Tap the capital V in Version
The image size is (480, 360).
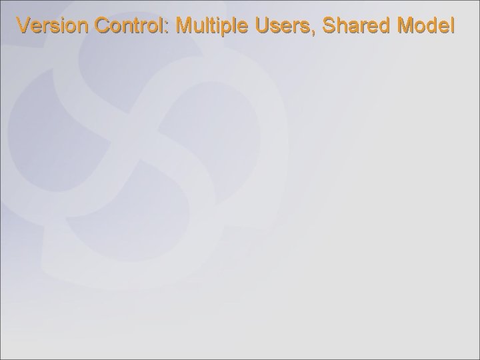point(24,26)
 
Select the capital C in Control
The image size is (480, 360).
point(103,26)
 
